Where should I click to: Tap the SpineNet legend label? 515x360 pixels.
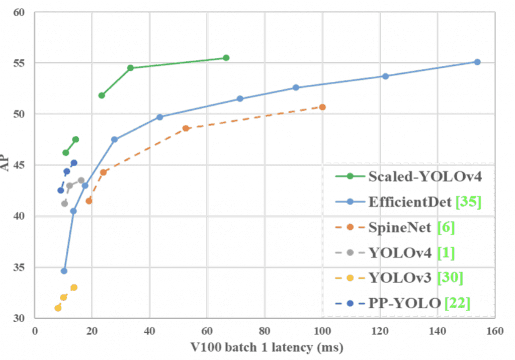click(399, 228)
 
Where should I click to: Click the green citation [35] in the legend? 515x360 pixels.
click(468, 202)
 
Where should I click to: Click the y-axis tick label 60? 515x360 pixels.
click(19, 12)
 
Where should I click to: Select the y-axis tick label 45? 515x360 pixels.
click(19, 165)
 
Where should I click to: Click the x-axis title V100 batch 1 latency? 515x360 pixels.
click(266, 347)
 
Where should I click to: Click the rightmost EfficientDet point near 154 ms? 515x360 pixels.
click(477, 62)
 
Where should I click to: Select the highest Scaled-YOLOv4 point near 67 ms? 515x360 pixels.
click(226, 58)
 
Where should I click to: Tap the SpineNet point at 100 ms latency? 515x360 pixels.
click(322, 107)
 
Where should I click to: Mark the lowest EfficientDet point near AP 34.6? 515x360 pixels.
click(64, 271)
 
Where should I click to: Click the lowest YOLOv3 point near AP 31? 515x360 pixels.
click(58, 308)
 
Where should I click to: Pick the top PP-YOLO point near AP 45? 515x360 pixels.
click(74, 163)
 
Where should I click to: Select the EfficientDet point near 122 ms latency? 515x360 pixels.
click(385, 76)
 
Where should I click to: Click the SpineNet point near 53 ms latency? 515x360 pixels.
click(186, 128)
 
